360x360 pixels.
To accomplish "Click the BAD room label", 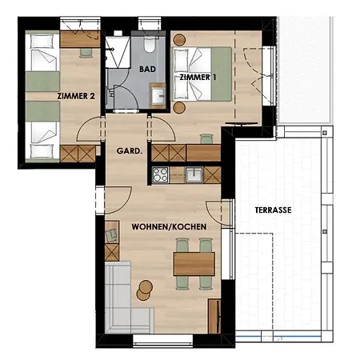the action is [147, 69].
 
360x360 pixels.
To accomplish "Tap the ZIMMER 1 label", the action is [198, 78].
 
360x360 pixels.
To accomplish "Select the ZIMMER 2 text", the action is [76, 96].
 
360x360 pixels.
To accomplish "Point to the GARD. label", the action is [130, 151].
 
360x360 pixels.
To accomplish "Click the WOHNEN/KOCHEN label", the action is [169, 227].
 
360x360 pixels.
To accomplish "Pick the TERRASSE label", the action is [273, 210].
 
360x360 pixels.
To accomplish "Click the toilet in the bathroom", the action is [150, 43].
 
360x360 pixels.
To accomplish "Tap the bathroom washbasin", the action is [158, 95].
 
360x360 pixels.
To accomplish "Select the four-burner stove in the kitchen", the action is [160, 175].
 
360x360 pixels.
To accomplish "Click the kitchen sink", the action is [194, 174].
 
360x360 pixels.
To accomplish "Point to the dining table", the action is [194, 264].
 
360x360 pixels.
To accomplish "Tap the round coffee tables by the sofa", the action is [145, 290].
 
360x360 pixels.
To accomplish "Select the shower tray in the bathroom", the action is [118, 52].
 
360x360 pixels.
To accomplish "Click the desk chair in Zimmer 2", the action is [86, 53].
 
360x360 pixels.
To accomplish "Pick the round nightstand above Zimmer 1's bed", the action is [179, 40].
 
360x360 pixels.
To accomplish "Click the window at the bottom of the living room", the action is [162, 341].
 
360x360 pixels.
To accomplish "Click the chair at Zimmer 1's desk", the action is [207, 139].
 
